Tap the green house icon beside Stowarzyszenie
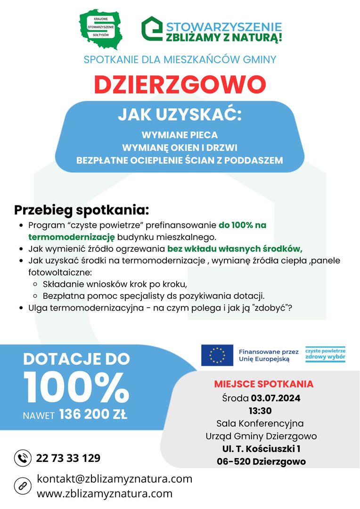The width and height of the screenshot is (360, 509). (152, 29)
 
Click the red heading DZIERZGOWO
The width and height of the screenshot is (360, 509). (180, 84)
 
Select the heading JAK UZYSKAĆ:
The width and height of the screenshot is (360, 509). (180, 115)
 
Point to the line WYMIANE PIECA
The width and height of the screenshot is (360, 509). (180, 135)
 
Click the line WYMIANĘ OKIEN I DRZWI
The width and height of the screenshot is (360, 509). (180, 148)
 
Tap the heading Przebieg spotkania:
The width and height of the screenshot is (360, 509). (82, 209)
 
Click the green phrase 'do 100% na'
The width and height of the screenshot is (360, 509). (242, 225)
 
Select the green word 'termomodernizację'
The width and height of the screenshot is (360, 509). (68, 236)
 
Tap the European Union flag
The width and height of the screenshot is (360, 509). (217, 355)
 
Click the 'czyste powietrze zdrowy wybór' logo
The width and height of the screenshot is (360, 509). (325, 354)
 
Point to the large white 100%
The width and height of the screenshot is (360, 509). (76, 388)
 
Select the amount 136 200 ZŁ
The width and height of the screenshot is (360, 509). (93, 415)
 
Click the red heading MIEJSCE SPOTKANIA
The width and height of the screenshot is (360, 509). (263, 384)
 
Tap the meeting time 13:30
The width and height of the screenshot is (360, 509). (260, 410)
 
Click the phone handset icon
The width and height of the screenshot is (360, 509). (22, 458)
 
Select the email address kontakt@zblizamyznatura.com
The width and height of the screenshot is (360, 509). (115, 479)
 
